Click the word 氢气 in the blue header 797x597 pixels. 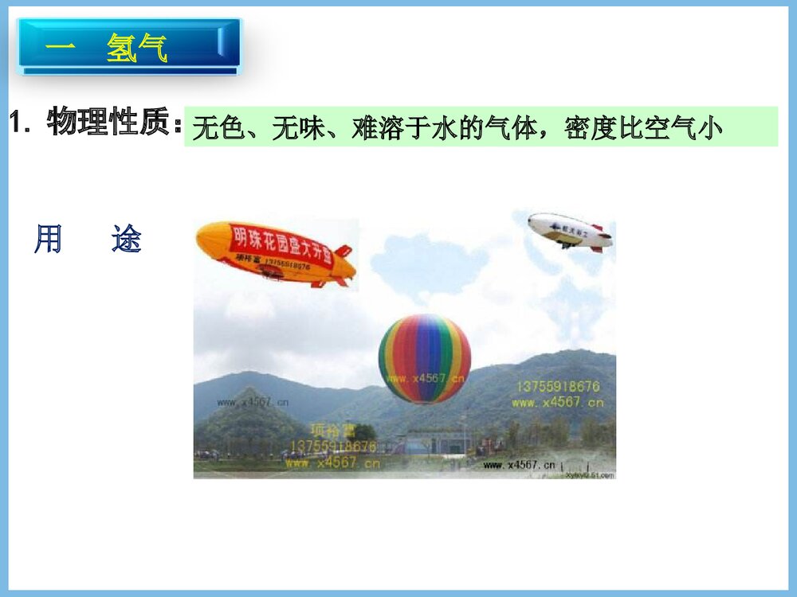click(137, 49)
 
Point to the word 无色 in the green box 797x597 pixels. click(218, 127)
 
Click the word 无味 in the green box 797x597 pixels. click(297, 127)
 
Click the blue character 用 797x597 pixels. click(48, 239)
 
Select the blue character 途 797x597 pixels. click(126, 239)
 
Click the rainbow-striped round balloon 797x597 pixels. click(424, 358)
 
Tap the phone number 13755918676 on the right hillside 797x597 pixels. click(558, 387)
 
